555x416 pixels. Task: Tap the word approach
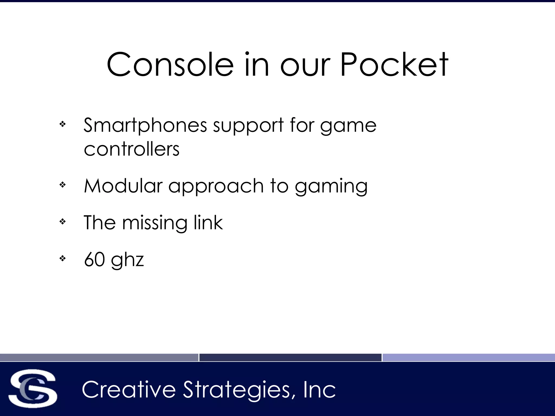pos(216,186)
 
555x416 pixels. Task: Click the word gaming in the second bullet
pos(331,186)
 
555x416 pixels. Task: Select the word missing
pos(154,223)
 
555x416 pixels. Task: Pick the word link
pos(208,223)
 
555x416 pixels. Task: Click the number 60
pos(95,259)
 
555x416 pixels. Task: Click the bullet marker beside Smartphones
pos(63,124)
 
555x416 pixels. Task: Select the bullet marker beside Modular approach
pos(63,185)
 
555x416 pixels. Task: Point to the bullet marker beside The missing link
pos(63,222)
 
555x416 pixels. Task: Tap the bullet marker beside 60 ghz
pos(63,259)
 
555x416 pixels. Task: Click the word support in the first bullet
pos(248,126)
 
